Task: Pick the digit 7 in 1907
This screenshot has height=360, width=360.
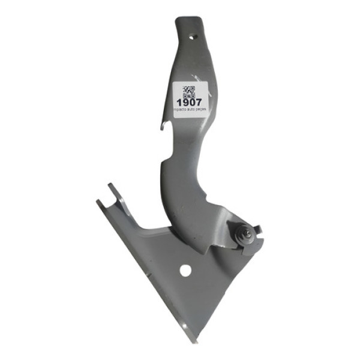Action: [x=199, y=102]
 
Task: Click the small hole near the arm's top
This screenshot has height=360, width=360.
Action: [x=193, y=36]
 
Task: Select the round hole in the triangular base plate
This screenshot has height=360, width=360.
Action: [x=186, y=271]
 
